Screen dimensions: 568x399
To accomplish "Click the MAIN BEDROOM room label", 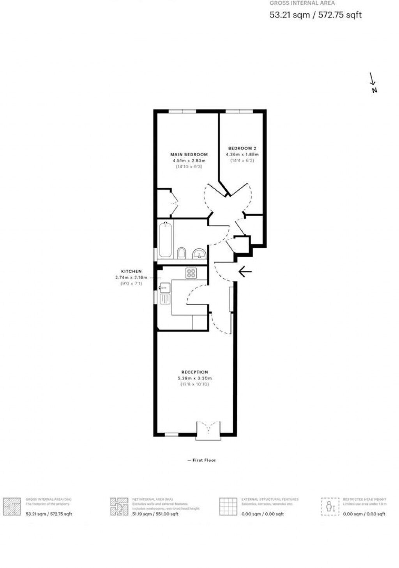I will tap(189, 154).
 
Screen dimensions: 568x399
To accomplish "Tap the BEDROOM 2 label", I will tap(242, 148).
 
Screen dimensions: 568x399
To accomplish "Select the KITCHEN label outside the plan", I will tap(131, 272).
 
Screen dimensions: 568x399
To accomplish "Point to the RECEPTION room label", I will tap(195, 372).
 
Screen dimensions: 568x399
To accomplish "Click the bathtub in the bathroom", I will tap(165, 240).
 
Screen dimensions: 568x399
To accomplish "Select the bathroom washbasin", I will tap(199, 254).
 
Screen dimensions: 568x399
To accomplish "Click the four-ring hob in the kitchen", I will tap(191, 273).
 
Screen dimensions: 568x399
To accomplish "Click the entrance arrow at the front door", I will tap(245, 272).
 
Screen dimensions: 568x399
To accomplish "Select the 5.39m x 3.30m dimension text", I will tap(195, 378).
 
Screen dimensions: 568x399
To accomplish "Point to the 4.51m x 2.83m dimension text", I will tap(189, 161).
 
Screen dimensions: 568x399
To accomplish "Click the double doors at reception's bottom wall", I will tap(208, 430).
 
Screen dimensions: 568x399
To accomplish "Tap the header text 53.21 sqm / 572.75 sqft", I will tap(316, 15).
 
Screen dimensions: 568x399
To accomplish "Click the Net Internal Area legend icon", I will tap(119, 507).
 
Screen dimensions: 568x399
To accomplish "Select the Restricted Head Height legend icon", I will tap(330, 506).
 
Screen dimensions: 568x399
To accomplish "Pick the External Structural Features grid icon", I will tap(228, 506).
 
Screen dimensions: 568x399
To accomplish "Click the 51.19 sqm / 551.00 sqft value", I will tap(155, 514).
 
